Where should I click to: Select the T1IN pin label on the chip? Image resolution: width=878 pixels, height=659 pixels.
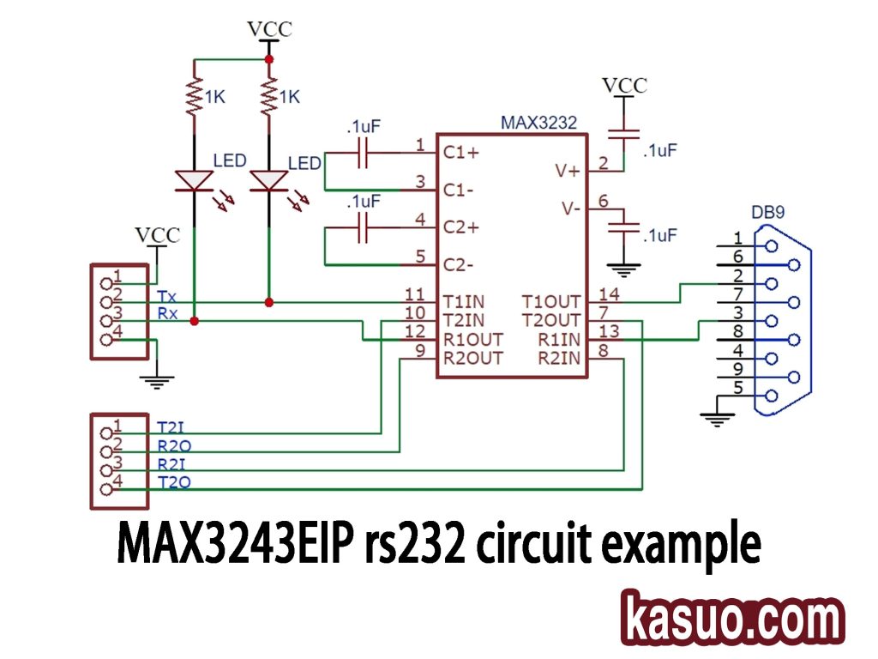click(464, 301)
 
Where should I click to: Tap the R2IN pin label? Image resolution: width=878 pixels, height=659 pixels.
click(559, 358)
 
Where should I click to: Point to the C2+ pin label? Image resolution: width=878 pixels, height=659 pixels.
click(461, 228)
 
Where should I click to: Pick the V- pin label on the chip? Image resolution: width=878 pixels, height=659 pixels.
click(570, 209)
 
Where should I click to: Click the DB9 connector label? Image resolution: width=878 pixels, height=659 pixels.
click(768, 211)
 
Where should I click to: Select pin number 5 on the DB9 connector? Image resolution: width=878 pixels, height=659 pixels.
click(737, 388)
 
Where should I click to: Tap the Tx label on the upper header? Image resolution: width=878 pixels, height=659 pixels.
click(167, 295)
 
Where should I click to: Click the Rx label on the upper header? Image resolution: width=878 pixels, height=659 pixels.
click(168, 313)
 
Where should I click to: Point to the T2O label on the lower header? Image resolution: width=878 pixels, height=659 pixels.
click(175, 482)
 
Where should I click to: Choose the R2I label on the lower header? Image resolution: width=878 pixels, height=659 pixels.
click(175, 463)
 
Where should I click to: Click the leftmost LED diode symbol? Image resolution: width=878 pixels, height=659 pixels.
click(195, 181)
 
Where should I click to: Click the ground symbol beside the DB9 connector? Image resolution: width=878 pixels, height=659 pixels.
click(713, 418)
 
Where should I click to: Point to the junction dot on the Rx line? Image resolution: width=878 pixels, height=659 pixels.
click(195, 321)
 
